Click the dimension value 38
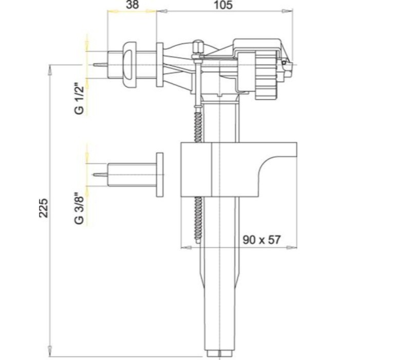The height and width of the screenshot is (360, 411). [x=133, y=5]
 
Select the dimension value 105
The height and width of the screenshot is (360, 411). [x=223, y=5]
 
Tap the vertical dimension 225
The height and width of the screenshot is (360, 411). [x=44, y=208]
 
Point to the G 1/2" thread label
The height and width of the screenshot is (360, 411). [x=79, y=99]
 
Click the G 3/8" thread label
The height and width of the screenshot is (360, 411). [x=79, y=209]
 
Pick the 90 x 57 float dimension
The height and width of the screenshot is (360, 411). [x=261, y=240]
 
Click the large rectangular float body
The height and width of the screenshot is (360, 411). [x=238, y=170]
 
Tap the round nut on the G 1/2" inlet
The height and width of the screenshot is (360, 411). [x=129, y=65]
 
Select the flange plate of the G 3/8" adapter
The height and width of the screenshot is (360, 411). [x=160, y=175]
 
